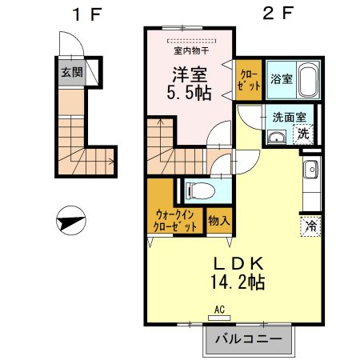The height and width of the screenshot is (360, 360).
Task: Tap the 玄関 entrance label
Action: click(x=70, y=71)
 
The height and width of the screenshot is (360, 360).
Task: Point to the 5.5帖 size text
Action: click(x=189, y=92)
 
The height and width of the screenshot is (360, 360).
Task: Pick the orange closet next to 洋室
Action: click(x=247, y=81)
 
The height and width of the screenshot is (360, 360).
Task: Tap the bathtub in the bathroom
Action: click(x=309, y=81)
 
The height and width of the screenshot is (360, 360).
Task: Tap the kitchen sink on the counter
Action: click(x=310, y=170)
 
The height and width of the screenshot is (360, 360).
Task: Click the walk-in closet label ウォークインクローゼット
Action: click(x=175, y=220)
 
